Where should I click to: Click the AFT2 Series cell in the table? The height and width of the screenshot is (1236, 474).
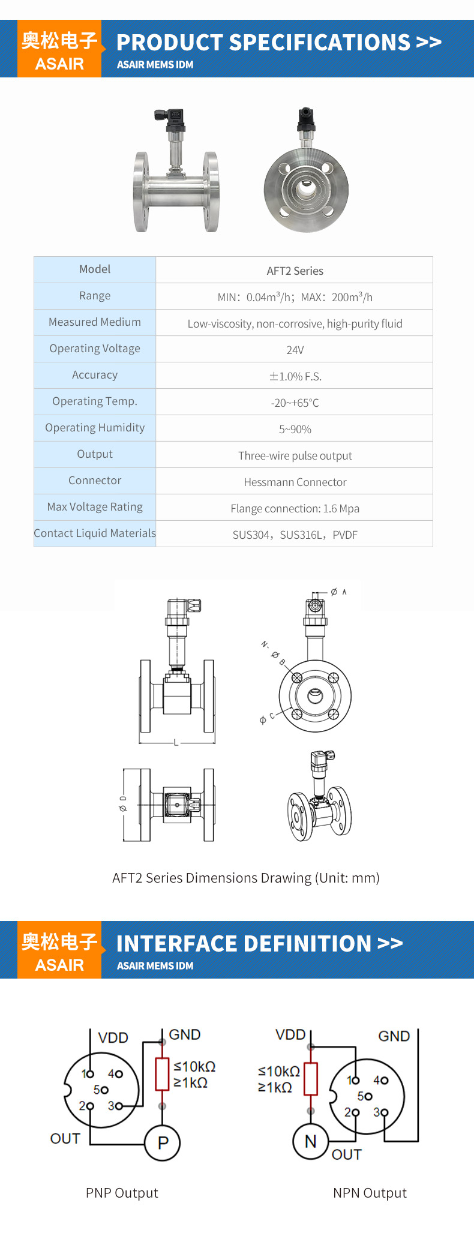[295, 271]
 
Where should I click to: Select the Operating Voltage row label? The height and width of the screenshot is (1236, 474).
[95, 349]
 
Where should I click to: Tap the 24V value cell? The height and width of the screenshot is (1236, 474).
[295, 350]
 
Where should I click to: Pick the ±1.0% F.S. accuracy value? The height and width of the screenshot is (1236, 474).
[295, 376]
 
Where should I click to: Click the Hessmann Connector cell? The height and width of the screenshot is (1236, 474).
[295, 482]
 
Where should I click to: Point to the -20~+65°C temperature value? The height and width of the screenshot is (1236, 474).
[295, 403]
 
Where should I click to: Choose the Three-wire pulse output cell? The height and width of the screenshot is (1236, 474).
[295, 455]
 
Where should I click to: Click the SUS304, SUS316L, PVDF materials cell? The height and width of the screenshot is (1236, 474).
[295, 535]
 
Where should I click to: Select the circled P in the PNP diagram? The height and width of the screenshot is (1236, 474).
[163, 1143]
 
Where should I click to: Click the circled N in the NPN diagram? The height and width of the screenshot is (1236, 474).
[310, 1141]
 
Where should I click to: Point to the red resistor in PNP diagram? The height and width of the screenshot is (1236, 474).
[162, 1074]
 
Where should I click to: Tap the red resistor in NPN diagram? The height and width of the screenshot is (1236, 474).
[310, 1078]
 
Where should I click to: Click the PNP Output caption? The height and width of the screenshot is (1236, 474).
[122, 1193]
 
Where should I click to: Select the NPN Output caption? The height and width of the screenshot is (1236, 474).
[370, 1193]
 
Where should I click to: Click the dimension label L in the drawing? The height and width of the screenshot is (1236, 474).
[176, 743]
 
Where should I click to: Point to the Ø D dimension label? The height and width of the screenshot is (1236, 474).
[123, 804]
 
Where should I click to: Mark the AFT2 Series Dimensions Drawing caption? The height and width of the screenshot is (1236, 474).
[245, 878]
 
